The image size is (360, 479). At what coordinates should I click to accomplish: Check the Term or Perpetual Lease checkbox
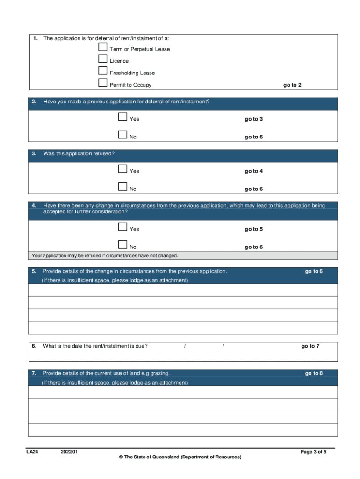click(103, 47)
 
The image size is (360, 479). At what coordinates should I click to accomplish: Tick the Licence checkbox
click(103, 59)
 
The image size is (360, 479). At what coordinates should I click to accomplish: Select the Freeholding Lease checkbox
click(103, 71)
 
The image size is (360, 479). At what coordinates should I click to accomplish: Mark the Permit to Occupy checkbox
click(103, 83)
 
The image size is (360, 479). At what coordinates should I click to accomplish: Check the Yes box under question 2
click(123, 117)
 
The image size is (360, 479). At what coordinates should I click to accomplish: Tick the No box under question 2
click(123, 135)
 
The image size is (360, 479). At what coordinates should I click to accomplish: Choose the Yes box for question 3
click(123, 169)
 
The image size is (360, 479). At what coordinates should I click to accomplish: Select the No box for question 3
click(123, 187)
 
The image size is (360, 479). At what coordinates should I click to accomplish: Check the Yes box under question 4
click(123, 227)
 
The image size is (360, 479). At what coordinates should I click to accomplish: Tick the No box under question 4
click(123, 245)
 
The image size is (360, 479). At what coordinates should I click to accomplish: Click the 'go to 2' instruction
click(292, 85)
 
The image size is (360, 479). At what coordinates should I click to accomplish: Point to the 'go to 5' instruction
click(253, 229)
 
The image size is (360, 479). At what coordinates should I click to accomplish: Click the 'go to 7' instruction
click(310, 346)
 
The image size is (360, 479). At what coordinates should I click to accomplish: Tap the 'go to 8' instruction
click(314, 373)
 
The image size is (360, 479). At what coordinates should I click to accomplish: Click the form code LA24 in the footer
click(32, 452)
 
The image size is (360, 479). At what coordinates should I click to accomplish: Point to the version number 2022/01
click(69, 452)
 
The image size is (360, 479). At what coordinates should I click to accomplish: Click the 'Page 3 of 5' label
click(313, 452)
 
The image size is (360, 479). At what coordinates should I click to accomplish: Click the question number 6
click(34, 346)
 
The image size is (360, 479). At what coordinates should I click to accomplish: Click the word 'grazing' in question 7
click(159, 373)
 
